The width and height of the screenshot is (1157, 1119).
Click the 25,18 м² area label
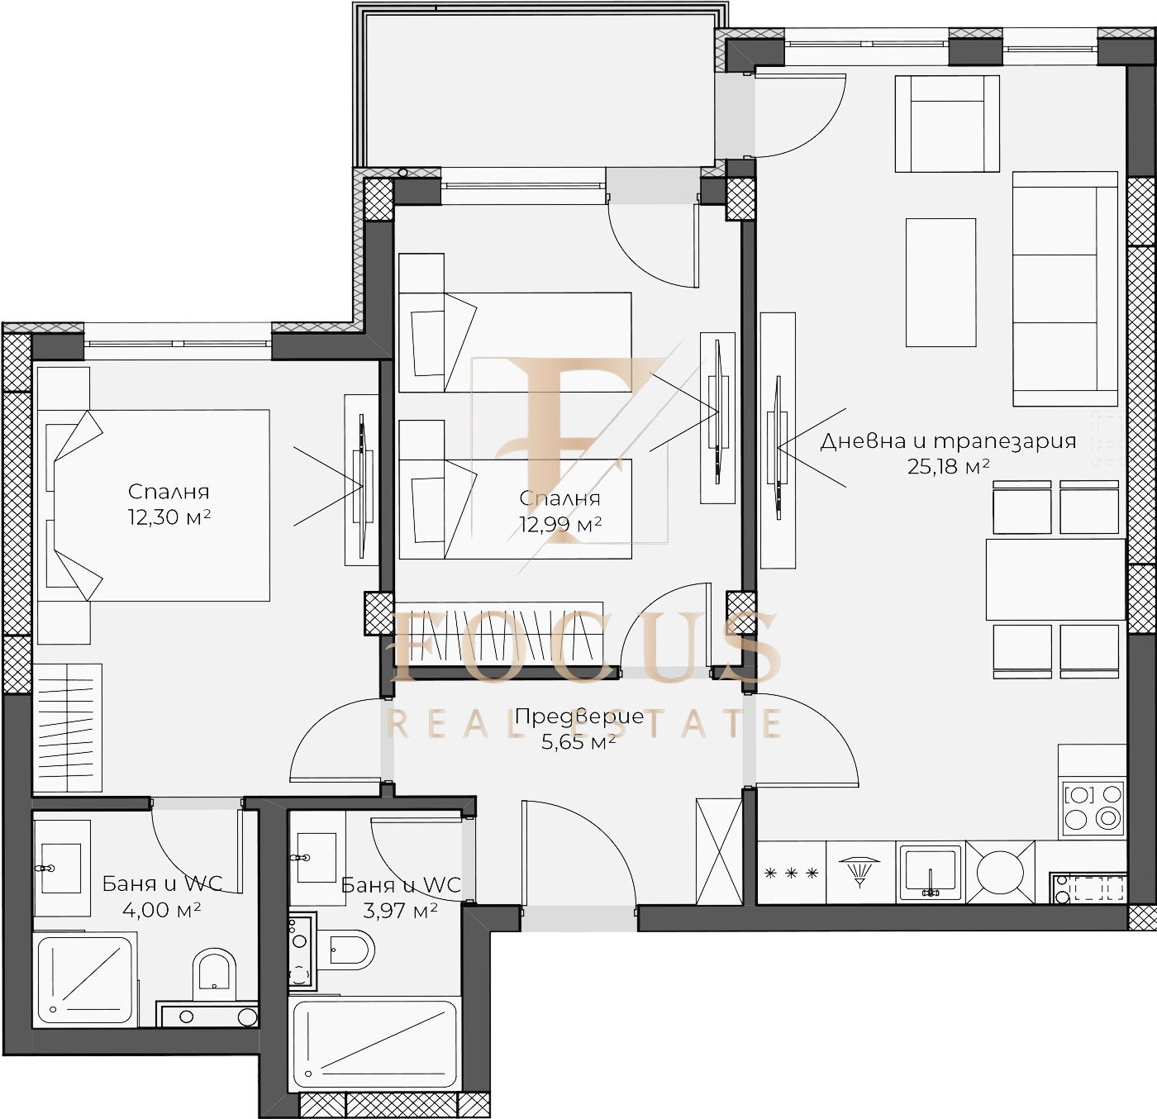(948, 466)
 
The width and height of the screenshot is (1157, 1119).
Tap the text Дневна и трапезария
(948, 441)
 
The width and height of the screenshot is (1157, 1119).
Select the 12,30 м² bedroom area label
(169, 517)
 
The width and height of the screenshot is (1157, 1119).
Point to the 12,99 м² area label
(560, 524)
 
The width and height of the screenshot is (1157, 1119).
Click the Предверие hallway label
(579, 717)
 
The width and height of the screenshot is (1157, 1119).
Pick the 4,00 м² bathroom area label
(161, 910)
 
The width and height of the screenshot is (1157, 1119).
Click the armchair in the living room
(946, 124)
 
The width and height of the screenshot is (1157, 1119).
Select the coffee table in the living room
(940, 282)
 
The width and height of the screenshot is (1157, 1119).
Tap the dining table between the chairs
(1055, 579)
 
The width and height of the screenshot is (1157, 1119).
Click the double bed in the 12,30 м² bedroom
(154, 505)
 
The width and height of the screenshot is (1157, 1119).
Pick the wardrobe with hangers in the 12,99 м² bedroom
(499, 635)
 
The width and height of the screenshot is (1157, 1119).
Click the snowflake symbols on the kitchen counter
(792, 874)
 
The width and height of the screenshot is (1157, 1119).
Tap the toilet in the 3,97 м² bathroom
(352, 950)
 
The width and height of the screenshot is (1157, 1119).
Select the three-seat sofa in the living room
(1065, 289)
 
